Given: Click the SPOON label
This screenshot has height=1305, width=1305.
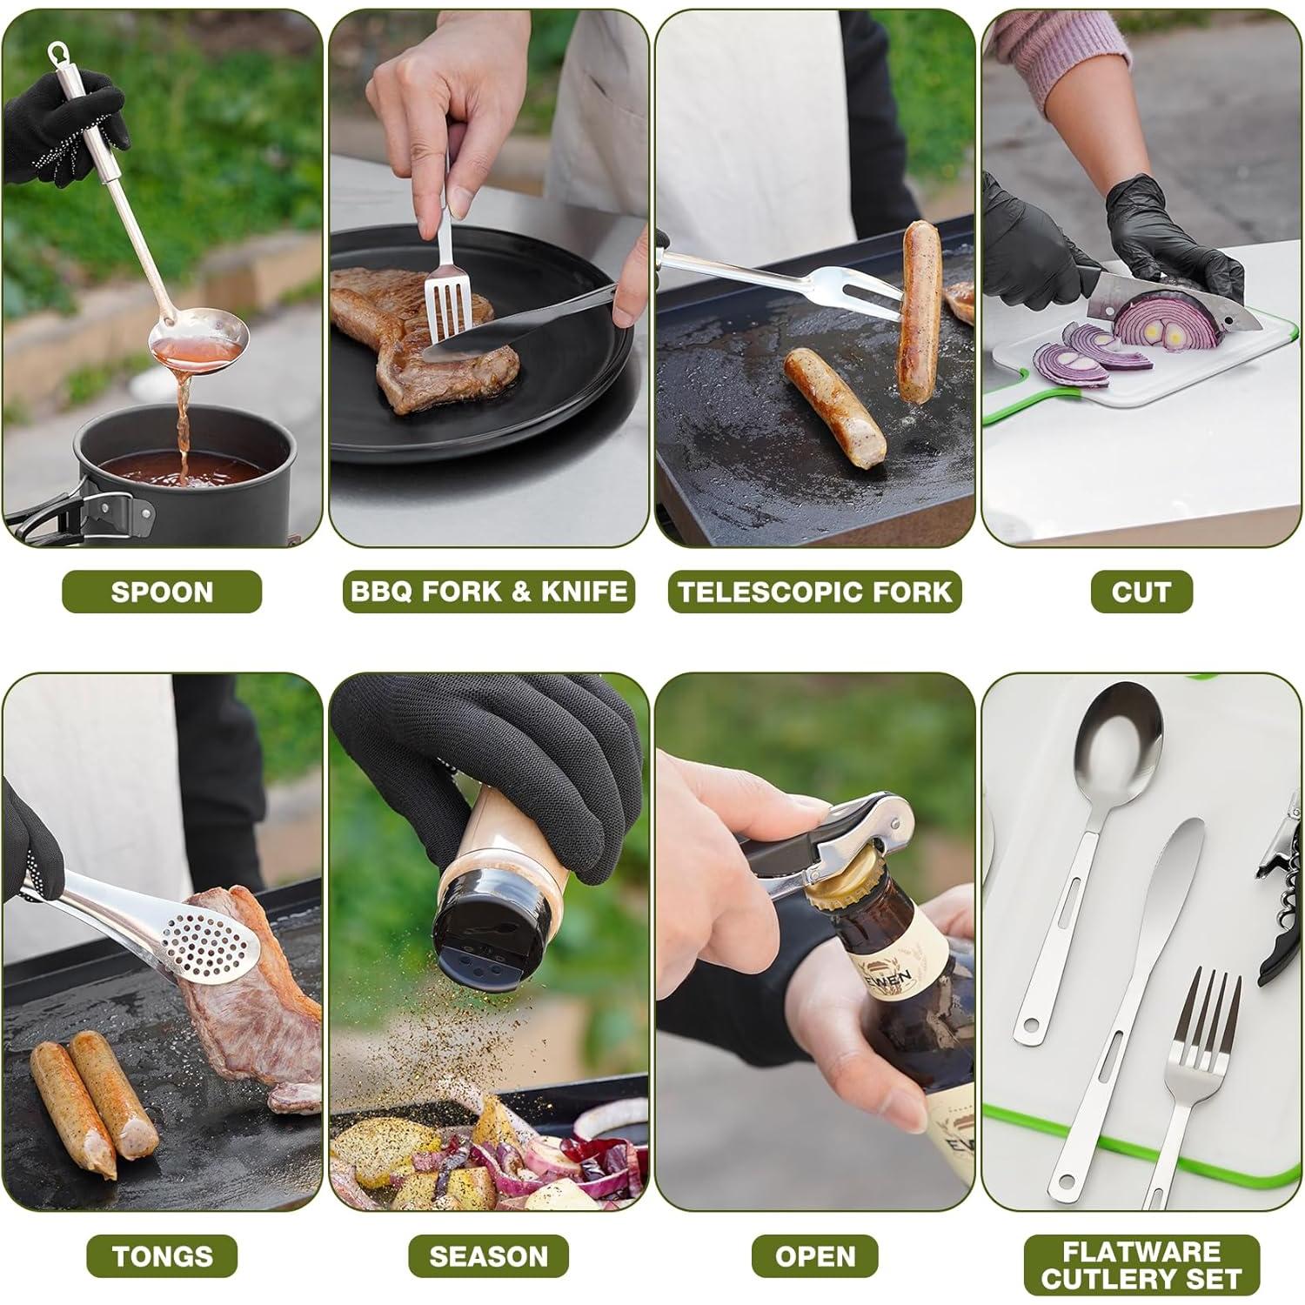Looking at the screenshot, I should (x=162, y=592).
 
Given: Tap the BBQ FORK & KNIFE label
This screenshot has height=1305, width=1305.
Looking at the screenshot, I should (x=488, y=592).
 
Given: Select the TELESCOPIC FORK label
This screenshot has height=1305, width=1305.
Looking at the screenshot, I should (x=814, y=592).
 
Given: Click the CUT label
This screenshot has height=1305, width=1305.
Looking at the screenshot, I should (x=1141, y=592).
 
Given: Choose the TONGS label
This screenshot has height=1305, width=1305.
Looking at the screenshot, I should (x=162, y=1256).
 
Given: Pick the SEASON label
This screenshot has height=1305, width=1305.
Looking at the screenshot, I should (x=488, y=1256).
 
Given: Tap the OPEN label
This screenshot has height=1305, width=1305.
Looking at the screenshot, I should (x=814, y=1256).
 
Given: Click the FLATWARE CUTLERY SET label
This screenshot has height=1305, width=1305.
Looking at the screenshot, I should (x=1141, y=1265).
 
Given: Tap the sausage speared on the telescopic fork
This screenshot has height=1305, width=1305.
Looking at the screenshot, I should (x=920, y=309).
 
